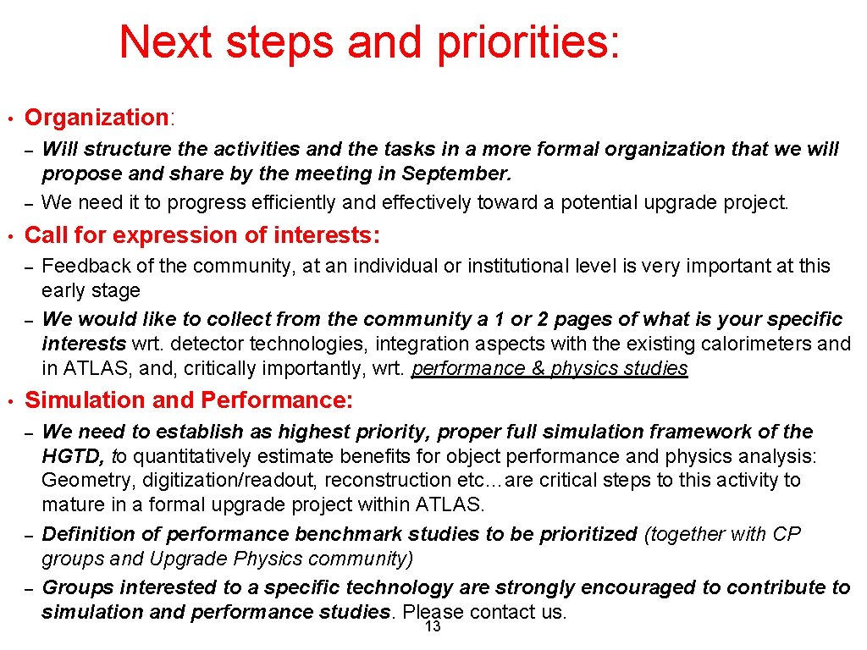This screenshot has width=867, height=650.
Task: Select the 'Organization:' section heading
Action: coord(99,118)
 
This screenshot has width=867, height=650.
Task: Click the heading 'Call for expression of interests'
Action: coord(202,234)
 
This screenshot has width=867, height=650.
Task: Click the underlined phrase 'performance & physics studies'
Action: coord(549,368)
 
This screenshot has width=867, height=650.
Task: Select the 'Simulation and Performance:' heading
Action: coord(189,399)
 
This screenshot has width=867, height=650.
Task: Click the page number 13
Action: coord(433,627)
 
